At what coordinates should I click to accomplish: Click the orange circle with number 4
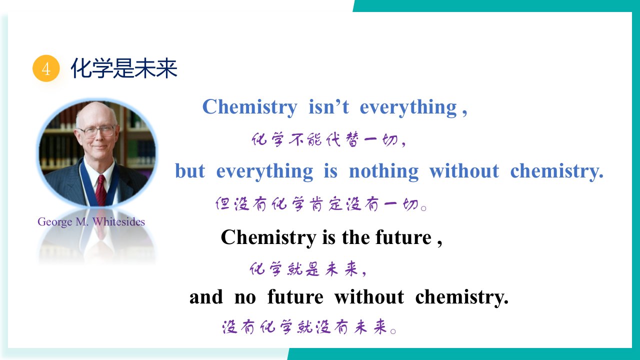(46, 68)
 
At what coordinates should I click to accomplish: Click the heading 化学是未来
(124, 68)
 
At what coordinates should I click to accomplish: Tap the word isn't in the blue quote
(329, 107)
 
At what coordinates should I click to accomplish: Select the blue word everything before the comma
(408, 108)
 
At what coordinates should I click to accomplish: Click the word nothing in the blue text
(383, 171)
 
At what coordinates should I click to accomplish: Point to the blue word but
(190, 171)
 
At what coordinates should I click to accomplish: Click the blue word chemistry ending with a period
(556, 171)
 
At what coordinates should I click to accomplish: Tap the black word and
(206, 297)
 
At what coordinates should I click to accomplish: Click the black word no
(245, 297)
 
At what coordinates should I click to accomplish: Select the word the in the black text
(355, 237)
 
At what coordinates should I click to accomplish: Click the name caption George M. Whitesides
(91, 222)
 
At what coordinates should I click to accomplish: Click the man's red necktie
(101, 189)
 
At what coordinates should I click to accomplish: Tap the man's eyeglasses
(97, 131)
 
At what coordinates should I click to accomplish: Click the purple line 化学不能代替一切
(328, 140)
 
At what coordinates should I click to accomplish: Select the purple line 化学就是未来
(308, 269)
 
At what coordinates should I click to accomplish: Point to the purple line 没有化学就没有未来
(309, 327)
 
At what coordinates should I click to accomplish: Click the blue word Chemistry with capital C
(250, 107)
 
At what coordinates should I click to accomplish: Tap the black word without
(369, 297)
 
